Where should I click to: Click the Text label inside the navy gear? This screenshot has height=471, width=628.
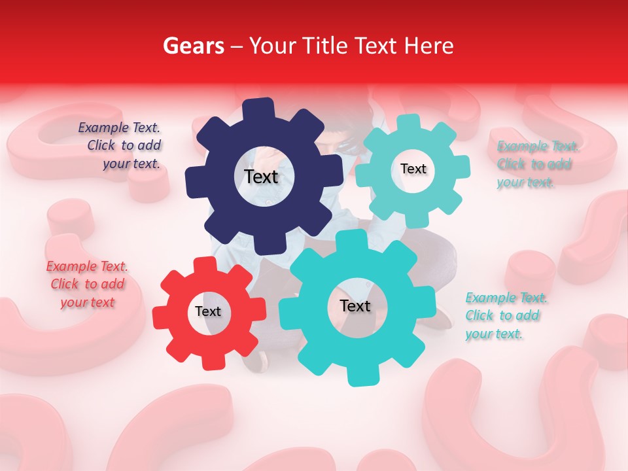261,177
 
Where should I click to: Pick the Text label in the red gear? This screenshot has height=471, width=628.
208,311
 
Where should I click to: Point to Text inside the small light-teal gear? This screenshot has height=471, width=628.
413,169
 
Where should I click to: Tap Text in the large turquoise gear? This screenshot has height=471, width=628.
355,305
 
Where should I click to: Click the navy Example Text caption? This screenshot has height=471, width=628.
120,146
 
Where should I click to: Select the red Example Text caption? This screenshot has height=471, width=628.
87,284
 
